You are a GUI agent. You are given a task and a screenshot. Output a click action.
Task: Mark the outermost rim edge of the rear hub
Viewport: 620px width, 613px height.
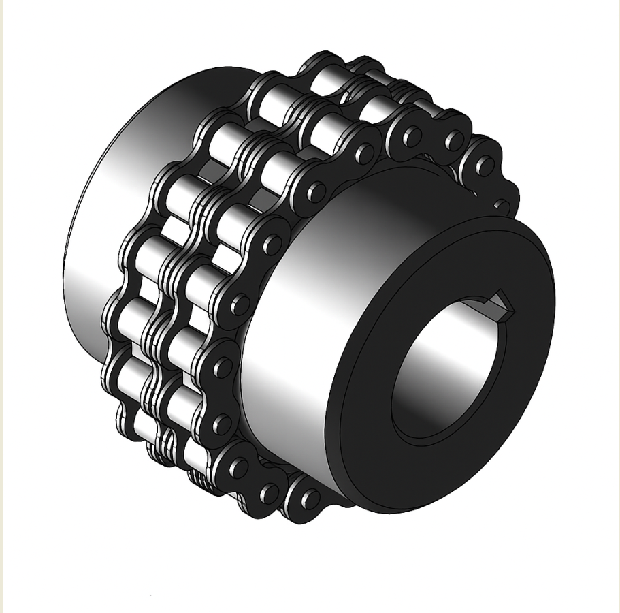66,272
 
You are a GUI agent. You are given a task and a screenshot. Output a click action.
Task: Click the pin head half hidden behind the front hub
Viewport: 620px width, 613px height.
502,204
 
